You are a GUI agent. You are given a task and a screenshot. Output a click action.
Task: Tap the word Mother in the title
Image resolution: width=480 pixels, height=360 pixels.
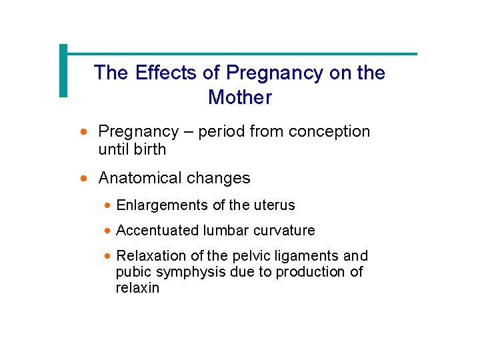240,97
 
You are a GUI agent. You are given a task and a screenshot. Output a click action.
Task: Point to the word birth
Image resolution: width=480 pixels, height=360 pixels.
149,149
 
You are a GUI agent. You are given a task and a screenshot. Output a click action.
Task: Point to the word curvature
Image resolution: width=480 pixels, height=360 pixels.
284,231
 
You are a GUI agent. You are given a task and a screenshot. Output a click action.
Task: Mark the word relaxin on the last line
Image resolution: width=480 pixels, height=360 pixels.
137,288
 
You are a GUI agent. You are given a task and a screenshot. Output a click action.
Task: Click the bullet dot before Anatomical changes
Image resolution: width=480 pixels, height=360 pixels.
83,179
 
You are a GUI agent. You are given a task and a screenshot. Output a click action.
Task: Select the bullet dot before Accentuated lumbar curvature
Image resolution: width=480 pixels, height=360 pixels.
108,231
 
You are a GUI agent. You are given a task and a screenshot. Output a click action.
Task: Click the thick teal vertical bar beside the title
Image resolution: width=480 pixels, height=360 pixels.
63,71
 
